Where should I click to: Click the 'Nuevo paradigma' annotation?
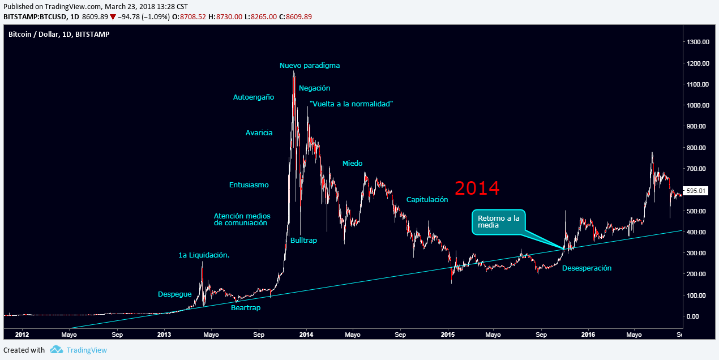click(310, 66)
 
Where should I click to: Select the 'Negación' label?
click(314, 88)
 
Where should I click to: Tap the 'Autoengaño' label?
click(254, 97)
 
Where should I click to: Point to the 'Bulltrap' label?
click(303, 241)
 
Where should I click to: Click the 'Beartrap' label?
click(246, 308)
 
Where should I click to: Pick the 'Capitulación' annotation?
click(427, 200)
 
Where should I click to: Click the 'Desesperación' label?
click(587, 268)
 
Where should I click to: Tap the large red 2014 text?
click(477, 188)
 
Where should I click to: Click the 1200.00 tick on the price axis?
click(697, 63)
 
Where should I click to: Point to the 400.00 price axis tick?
click(697, 232)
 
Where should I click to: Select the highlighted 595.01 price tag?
click(696, 191)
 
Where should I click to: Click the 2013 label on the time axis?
click(164, 335)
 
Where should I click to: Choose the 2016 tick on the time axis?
click(588, 335)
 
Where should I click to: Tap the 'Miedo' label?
click(352, 164)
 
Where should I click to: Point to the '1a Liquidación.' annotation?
click(204, 255)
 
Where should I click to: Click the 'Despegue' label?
click(174, 294)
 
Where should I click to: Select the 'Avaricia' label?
click(259, 133)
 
